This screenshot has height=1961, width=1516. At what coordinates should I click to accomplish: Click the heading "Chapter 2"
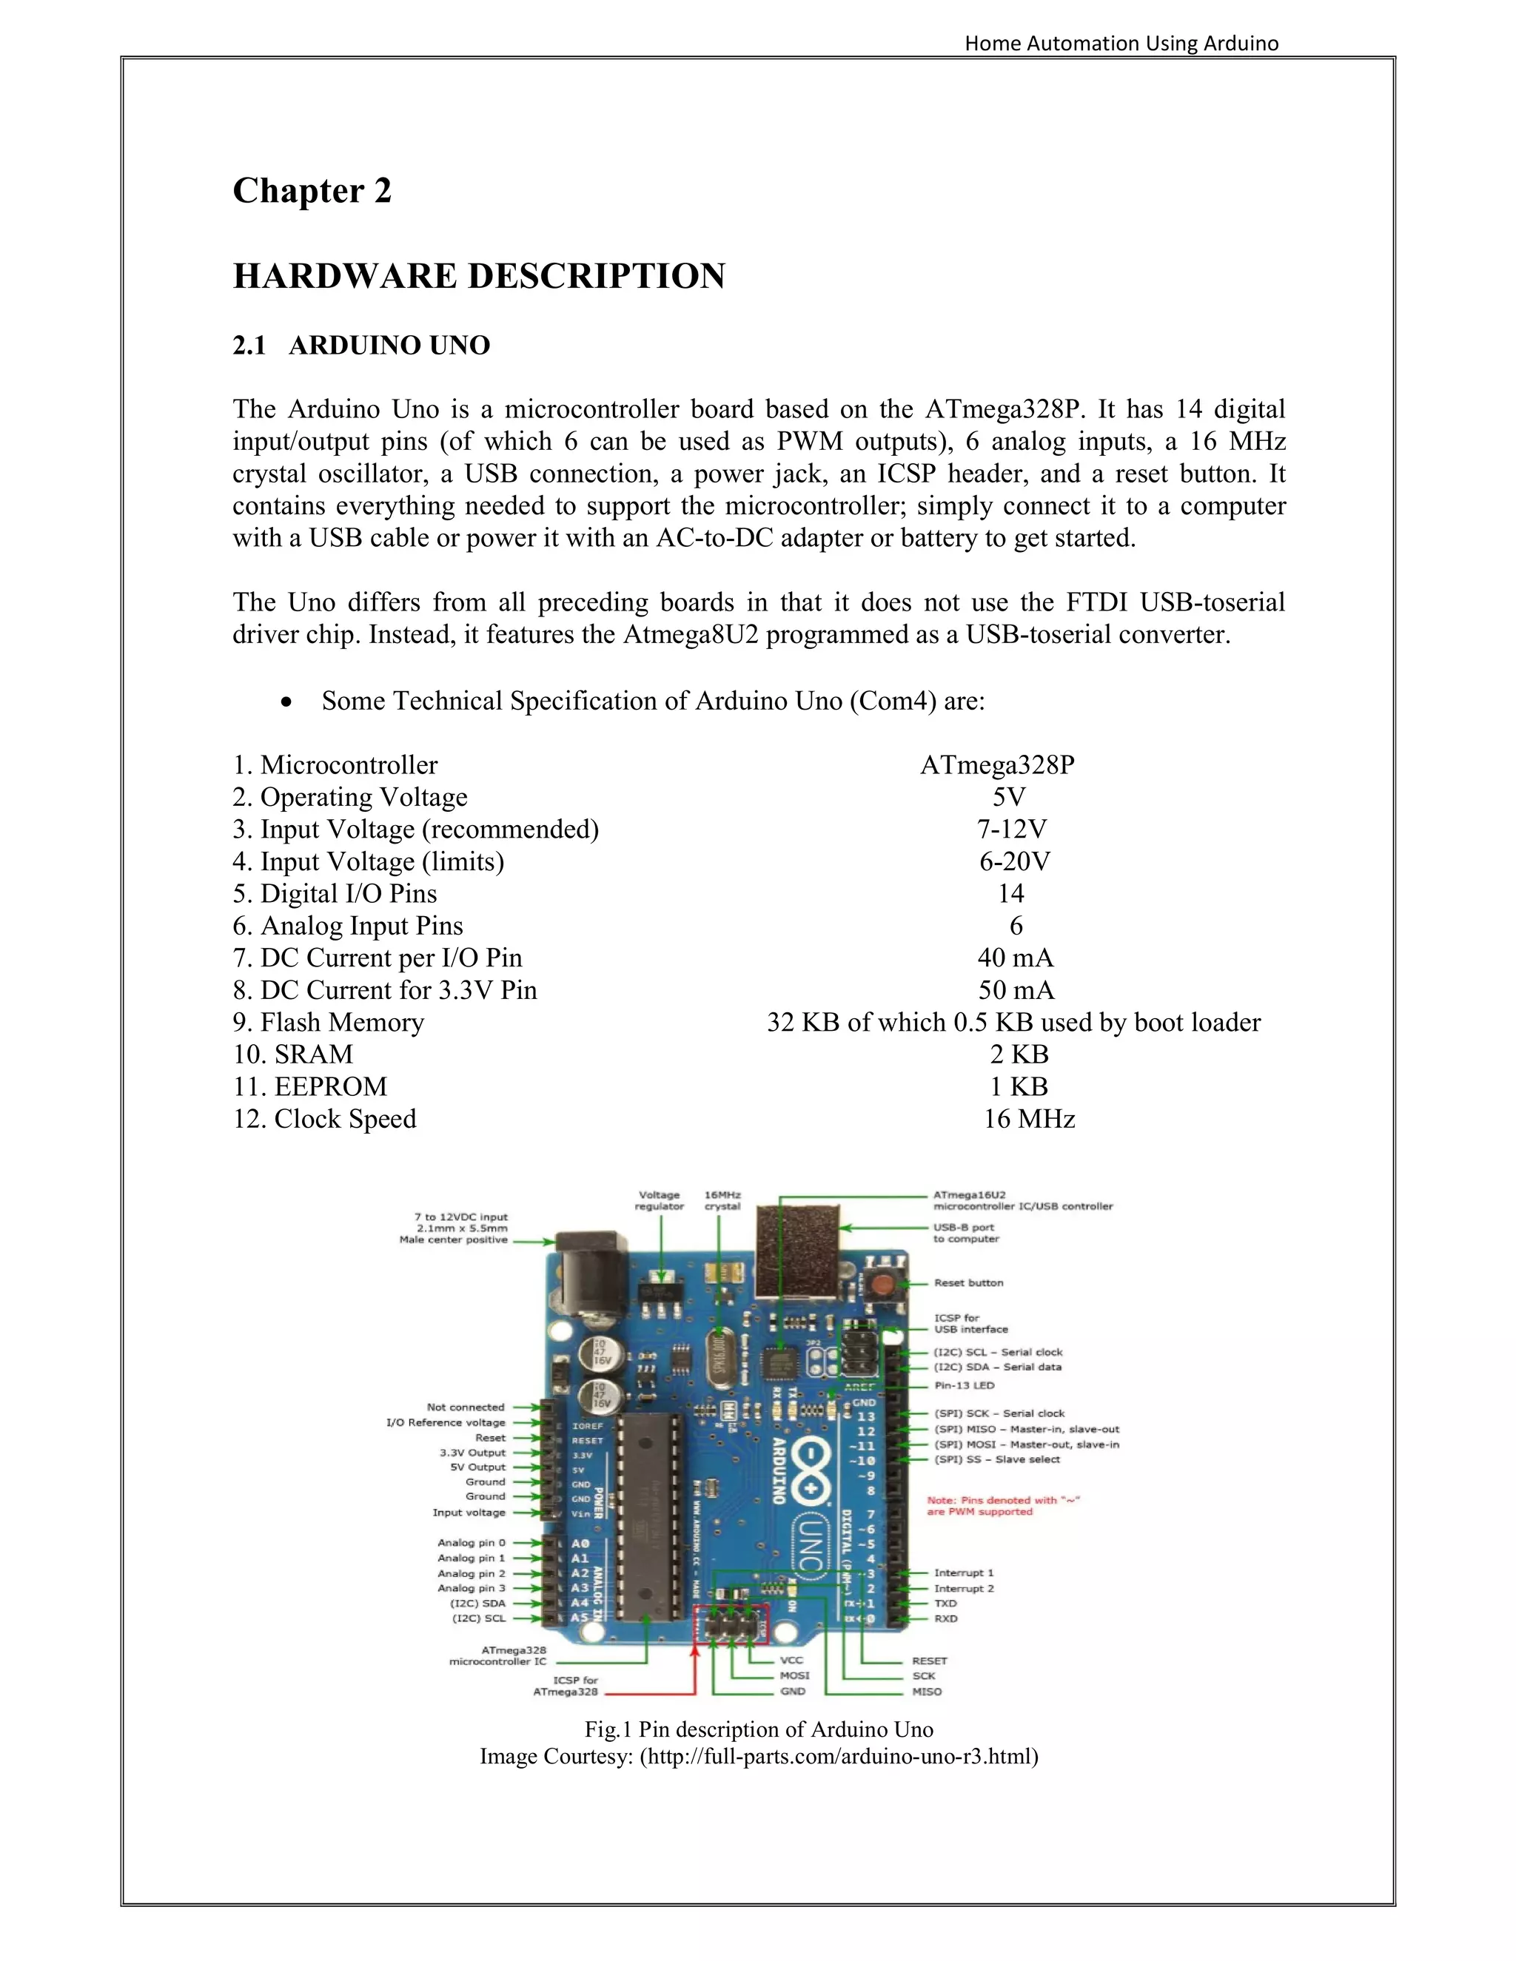click(312, 191)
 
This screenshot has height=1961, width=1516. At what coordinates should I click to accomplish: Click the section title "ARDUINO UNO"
click(389, 346)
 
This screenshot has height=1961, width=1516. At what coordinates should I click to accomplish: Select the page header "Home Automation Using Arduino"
click(1121, 43)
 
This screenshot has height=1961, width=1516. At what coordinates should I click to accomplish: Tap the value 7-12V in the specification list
click(1011, 829)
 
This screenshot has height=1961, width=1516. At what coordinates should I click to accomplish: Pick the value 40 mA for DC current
click(1015, 958)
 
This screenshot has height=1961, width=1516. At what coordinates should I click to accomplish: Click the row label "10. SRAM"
click(293, 1054)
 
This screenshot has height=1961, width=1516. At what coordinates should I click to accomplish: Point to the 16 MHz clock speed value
click(1028, 1119)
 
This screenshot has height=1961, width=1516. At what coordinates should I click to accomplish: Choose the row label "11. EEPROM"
click(310, 1086)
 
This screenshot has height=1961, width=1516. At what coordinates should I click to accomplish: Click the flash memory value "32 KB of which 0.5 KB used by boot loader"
click(1013, 1023)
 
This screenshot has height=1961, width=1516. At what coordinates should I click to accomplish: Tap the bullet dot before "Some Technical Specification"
click(286, 702)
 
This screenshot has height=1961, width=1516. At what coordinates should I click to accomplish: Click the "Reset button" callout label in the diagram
click(968, 1283)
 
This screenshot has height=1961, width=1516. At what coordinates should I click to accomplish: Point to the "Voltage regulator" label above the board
click(660, 1200)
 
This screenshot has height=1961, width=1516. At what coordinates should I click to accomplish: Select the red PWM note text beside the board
click(1002, 1506)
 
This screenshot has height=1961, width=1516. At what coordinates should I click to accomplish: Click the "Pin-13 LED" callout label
click(964, 1385)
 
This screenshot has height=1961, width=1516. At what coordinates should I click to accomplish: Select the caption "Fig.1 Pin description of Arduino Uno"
click(759, 1729)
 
